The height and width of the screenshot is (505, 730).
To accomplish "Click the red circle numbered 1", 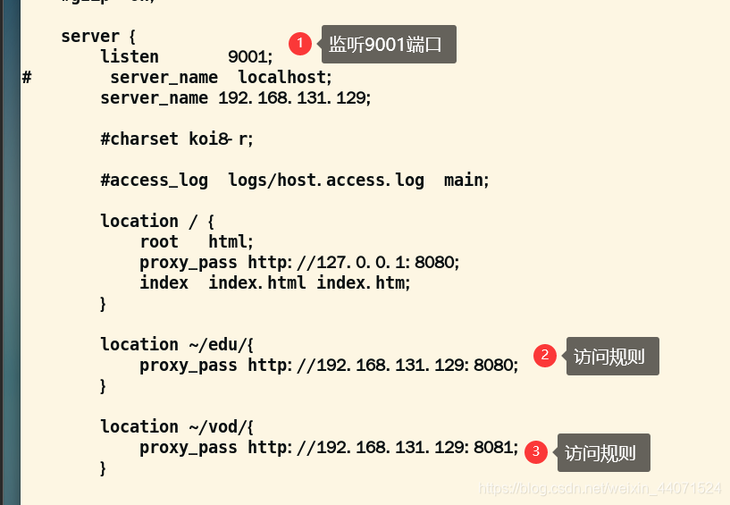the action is point(300,43).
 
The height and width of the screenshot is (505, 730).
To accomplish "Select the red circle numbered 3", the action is point(536,452).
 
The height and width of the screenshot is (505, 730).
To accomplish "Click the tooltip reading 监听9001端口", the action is point(389,45).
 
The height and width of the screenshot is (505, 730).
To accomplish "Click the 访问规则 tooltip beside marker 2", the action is point(612,357).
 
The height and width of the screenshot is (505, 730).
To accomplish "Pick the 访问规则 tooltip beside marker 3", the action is point(603,453).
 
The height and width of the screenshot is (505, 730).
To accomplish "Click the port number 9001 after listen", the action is point(250,56).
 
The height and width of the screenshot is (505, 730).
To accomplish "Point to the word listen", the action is point(130,56).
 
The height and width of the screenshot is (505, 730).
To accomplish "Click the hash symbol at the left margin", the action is point(27,77).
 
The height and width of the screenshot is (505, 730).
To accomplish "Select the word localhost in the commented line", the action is point(284,77).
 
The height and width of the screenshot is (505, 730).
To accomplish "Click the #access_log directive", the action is point(154,180).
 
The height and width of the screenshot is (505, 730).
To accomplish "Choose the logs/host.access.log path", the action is point(326,180).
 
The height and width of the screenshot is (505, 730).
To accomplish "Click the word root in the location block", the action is point(159,241).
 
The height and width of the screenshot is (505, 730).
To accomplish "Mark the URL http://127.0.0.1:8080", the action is point(353,263).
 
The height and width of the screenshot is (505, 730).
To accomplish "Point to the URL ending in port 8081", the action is point(382,448).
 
